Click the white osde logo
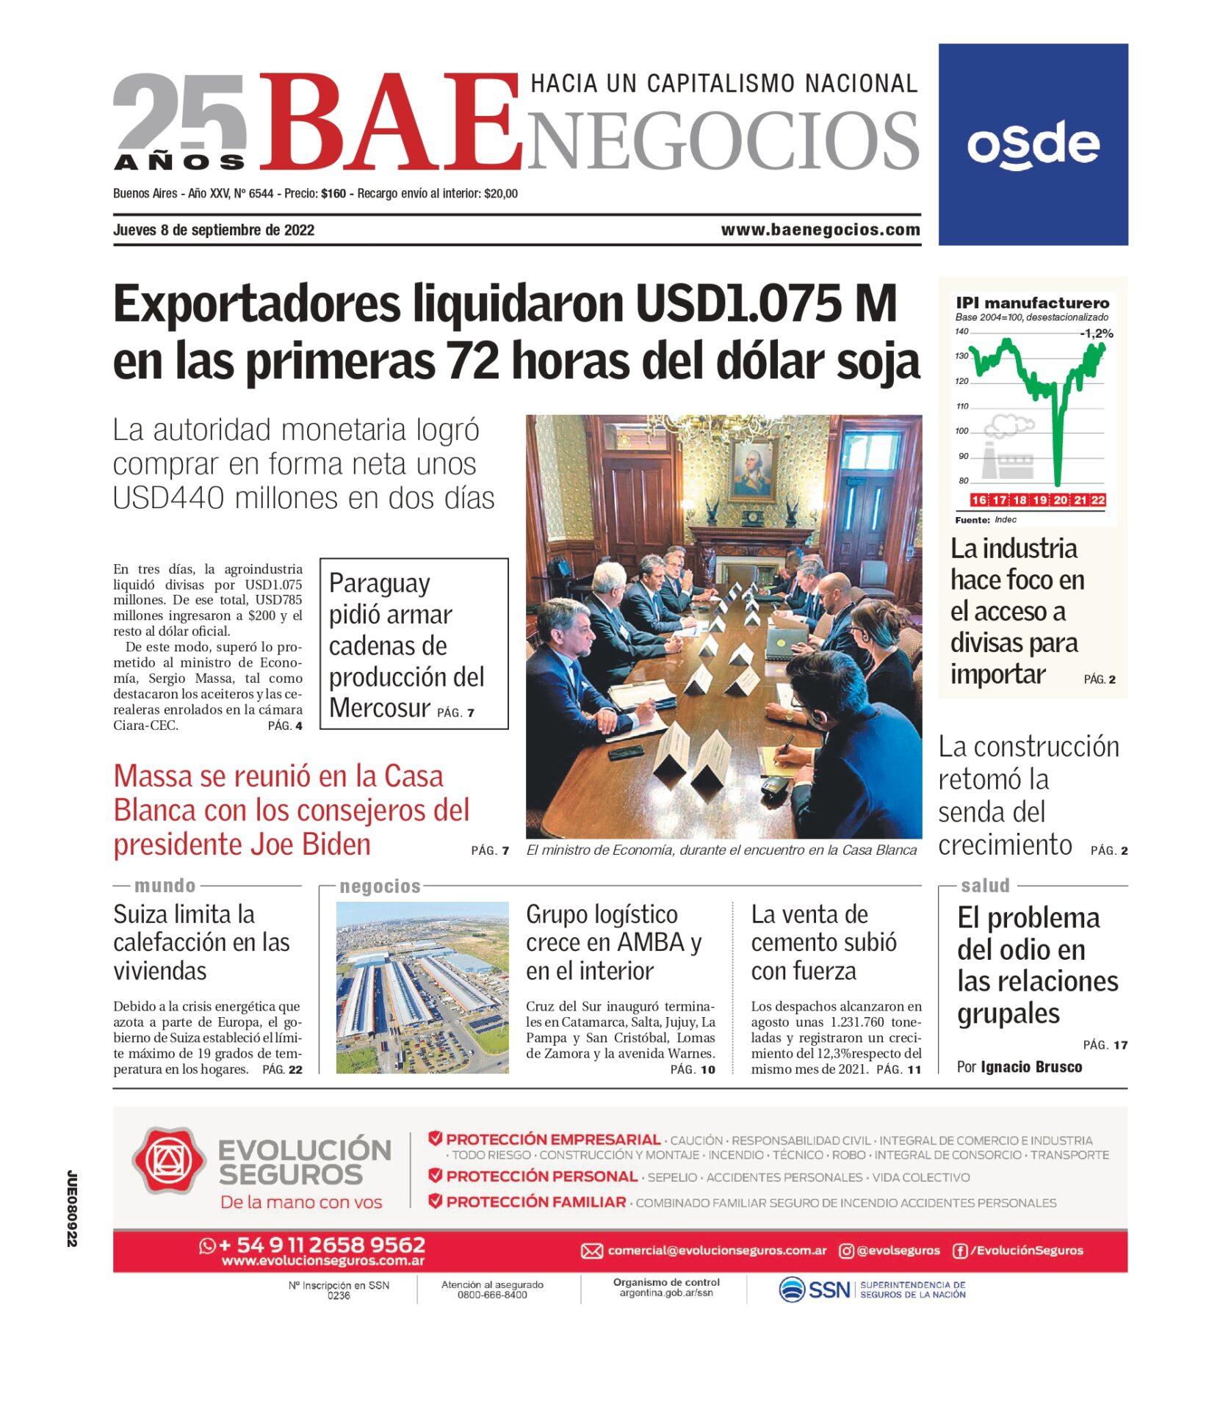click(1033, 145)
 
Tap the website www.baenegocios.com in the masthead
click(820, 230)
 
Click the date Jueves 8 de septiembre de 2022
click(214, 230)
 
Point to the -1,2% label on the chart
click(1096, 333)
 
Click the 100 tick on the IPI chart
click(962, 431)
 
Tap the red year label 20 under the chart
click(1061, 500)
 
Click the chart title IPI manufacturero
click(1032, 303)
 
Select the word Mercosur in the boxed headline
click(379, 708)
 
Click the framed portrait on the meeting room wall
click(752, 468)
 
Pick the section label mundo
click(165, 886)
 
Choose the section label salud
click(985, 886)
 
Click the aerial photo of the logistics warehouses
click(422, 988)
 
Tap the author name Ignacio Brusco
click(1031, 1067)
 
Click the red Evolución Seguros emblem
click(169, 1160)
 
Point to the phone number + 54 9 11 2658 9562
click(322, 1245)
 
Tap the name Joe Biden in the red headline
click(316, 845)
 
